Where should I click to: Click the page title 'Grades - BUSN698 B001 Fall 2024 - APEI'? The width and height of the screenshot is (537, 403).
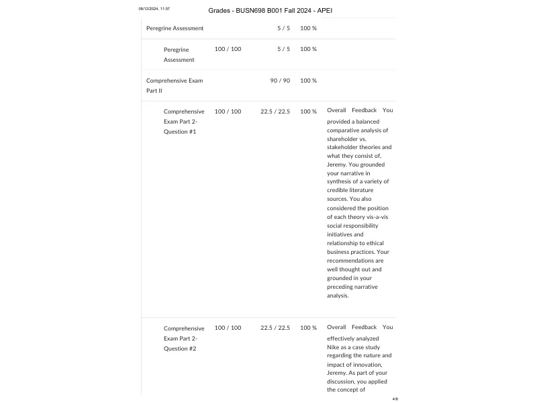270,11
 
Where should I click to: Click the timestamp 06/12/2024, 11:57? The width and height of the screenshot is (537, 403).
154,9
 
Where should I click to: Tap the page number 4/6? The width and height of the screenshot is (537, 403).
395,399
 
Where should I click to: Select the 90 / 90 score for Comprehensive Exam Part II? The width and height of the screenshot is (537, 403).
280,81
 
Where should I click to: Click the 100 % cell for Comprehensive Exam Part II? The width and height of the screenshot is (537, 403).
308,81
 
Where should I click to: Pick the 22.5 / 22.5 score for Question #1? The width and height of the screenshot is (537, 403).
275,111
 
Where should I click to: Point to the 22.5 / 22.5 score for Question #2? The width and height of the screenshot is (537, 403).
275,328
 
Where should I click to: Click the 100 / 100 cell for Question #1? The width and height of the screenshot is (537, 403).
228,111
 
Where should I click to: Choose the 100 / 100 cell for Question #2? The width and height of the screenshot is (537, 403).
228,328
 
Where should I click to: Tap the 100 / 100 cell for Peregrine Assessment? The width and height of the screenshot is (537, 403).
228,49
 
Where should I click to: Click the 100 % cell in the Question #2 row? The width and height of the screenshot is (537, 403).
308,328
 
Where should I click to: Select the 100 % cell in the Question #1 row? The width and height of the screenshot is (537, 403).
308,111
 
